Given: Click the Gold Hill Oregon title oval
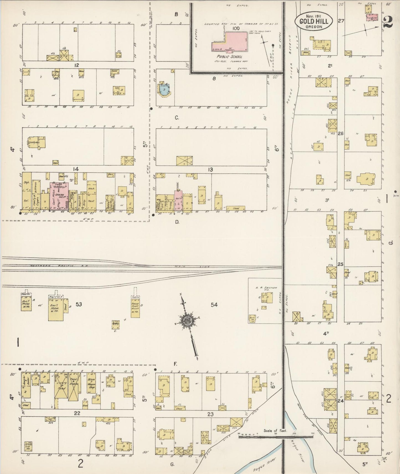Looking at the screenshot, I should point(314,21).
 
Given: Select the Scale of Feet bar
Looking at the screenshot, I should point(276,437).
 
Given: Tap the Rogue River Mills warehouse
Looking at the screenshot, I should point(135,307).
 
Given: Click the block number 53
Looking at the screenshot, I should point(79,304).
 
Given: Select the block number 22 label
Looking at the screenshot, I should point(77,413).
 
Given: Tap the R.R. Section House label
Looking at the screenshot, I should point(266,289).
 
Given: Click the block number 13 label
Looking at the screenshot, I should point(210,170).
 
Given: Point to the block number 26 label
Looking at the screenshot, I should point(340,133).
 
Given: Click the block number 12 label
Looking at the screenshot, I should point(77,65).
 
